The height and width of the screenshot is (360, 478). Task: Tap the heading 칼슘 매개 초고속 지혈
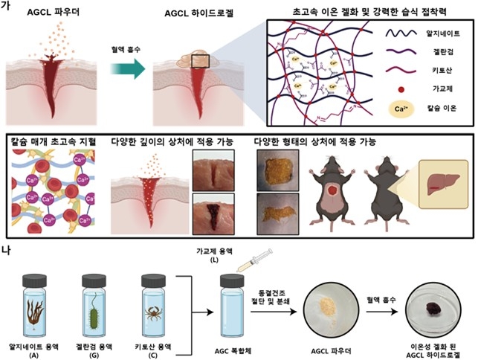(x=51, y=141)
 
